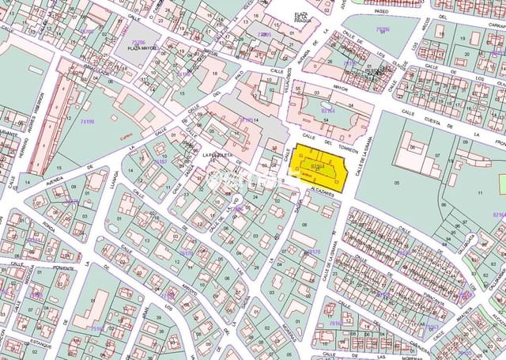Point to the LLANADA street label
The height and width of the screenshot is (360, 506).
tap(115, 183)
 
